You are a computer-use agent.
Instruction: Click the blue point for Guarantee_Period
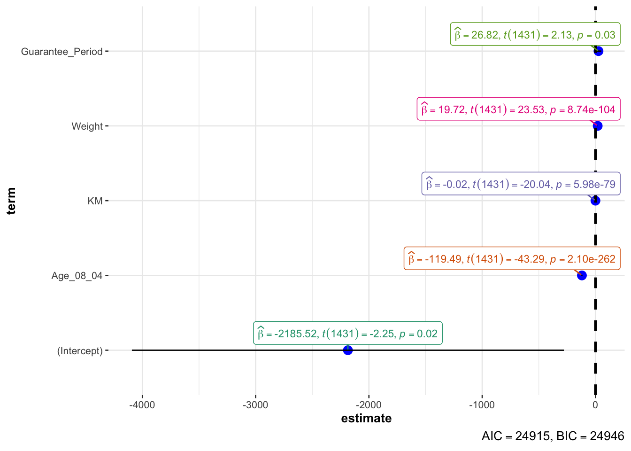tap(598, 51)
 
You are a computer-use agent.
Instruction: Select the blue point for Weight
tap(597, 126)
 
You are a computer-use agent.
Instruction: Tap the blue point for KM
tap(595, 201)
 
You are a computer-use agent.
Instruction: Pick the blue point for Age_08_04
tap(582, 275)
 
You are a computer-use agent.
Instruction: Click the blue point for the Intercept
tap(347, 350)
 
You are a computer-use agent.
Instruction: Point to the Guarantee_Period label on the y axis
tap(62, 52)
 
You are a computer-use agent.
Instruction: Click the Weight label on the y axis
tap(87, 126)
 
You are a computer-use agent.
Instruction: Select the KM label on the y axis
tap(95, 201)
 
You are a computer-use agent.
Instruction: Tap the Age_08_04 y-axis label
tap(77, 276)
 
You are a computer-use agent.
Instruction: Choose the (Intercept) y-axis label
tap(80, 351)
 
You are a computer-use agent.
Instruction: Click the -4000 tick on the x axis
tap(142, 405)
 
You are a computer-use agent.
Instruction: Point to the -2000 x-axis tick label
tap(369, 405)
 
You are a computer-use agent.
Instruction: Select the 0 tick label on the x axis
tap(595, 405)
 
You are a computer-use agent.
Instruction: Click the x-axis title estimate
tap(366, 419)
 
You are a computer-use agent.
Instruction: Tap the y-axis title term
tap(11, 201)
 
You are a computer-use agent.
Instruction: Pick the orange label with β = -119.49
tap(512, 259)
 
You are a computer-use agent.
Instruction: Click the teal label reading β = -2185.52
tap(348, 334)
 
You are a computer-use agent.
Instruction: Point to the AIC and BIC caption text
tap(553, 436)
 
